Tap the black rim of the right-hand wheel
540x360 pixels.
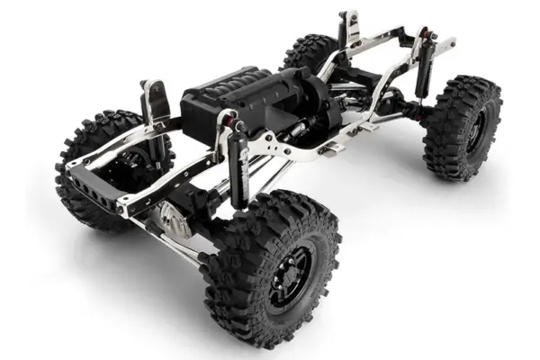474,126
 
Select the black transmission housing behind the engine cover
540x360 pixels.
306,99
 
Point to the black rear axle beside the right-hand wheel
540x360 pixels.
405,112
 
